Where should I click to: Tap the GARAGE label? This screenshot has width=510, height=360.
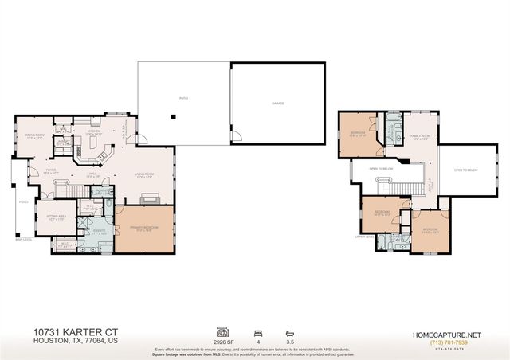click(x=277, y=103)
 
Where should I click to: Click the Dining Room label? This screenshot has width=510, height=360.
click(x=34, y=136)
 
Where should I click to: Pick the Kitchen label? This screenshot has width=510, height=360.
click(x=104, y=133)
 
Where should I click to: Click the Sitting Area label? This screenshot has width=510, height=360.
click(x=54, y=218)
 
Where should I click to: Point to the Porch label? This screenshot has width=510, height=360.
click(x=24, y=202)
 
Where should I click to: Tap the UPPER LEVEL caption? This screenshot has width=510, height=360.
click(x=365, y=237)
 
